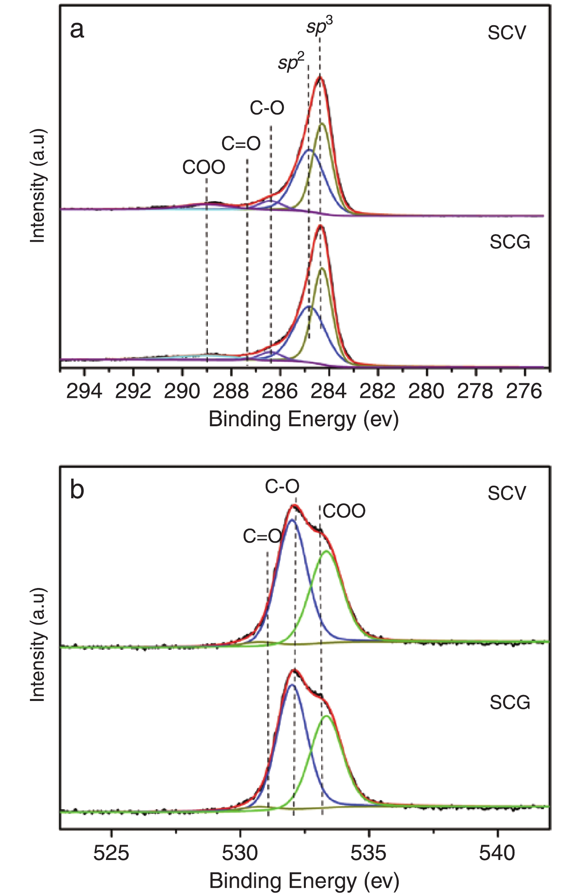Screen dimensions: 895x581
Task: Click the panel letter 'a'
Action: [77, 30]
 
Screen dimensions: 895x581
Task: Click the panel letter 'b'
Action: [77, 490]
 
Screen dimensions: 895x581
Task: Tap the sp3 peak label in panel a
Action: [319, 27]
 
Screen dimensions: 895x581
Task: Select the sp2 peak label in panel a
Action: [291, 62]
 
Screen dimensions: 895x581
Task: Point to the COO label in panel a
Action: [204, 167]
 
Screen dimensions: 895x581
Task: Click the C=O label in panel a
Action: [241, 144]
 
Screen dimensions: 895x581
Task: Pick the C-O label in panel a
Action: [267, 108]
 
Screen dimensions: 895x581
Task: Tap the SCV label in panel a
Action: [507, 33]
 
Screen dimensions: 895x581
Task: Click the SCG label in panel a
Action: [510, 242]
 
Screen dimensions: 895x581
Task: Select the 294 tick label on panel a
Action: [84, 391]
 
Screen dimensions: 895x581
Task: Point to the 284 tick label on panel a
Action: [328, 391]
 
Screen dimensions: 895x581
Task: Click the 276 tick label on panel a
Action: [524, 391]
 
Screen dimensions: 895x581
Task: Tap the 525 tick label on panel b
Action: [111, 853]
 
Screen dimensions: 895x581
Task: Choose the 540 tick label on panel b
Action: [497, 853]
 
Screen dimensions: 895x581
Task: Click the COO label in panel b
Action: [344, 511]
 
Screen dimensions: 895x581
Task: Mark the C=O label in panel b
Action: [262, 536]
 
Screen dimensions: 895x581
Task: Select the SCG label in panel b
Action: [510, 703]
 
